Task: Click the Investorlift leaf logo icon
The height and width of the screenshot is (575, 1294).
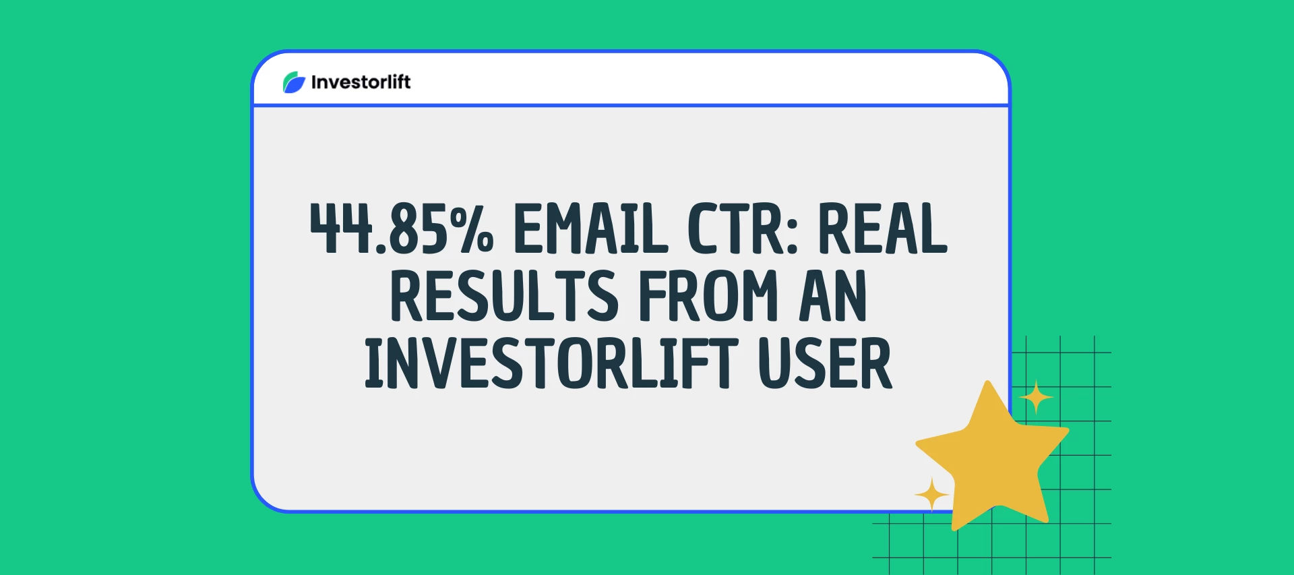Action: tap(294, 82)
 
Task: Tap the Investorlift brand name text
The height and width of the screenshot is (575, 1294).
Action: tap(361, 82)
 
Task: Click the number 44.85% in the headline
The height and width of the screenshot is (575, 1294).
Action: tap(402, 229)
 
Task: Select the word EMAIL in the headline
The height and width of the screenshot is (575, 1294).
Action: tap(590, 229)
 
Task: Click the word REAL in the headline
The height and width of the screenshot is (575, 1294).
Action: tap(882, 229)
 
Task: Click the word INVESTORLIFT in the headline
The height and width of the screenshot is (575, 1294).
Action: tap(551, 363)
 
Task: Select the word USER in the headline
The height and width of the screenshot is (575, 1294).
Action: tap(825, 363)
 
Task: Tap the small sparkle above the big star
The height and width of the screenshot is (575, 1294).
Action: tap(1036, 398)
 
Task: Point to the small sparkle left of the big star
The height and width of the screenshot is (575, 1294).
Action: tap(932, 495)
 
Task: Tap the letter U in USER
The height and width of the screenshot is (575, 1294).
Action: tap(774, 363)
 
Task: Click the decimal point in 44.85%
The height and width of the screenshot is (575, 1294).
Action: tap(381, 249)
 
